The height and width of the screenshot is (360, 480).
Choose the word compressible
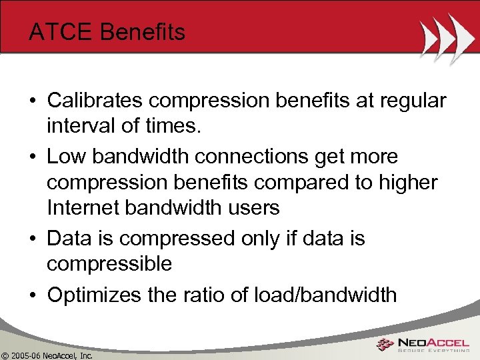(x=109, y=264)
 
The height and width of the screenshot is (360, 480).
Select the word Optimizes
(x=93, y=294)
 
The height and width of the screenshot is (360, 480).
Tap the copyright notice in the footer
(x=47, y=355)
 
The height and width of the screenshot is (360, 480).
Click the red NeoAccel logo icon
(x=384, y=345)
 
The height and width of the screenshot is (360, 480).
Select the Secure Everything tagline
(x=433, y=351)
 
